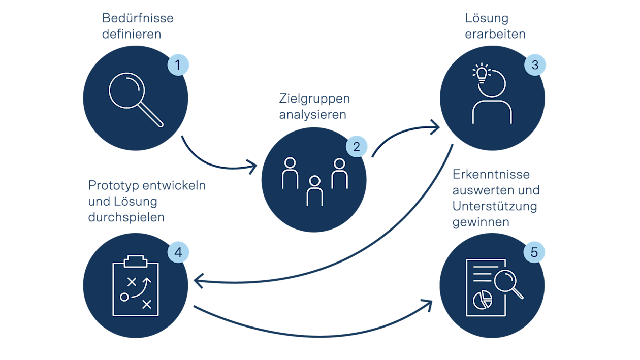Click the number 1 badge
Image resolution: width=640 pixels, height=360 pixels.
(x=178, y=65)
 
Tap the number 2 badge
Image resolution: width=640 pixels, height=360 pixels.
(x=357, y=147)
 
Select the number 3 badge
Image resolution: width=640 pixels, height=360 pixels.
(x=535, y=65)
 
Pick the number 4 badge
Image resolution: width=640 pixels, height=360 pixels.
(x=178, y=252)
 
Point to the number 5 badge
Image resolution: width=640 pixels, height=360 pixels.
(x=534, y=252)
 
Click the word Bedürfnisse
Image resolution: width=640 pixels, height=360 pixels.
(x=138, y=18)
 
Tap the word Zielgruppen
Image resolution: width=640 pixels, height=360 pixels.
(x=314, y=99)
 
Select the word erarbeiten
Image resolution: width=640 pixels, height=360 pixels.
(x=495, y=34)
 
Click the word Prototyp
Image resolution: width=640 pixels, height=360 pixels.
(x=113, y=186)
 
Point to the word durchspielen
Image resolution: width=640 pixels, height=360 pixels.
(x=126, y=217)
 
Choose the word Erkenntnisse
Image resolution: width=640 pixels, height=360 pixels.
(x=491, y=174)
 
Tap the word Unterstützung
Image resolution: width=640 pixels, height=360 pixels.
(x=495, y=206)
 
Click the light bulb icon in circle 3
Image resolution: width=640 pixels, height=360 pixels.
(x=482, y=73)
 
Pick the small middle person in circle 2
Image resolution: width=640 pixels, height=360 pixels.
(x=314, y=190)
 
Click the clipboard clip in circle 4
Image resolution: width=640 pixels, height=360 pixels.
(x=136, y=261)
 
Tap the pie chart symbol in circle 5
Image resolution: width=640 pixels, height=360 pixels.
(x=483, y=300)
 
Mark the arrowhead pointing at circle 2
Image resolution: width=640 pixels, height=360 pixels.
(x=253, y=166)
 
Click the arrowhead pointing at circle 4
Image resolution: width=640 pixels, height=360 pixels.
(x=199, y=281)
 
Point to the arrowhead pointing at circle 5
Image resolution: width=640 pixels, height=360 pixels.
(x=427, y=305)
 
